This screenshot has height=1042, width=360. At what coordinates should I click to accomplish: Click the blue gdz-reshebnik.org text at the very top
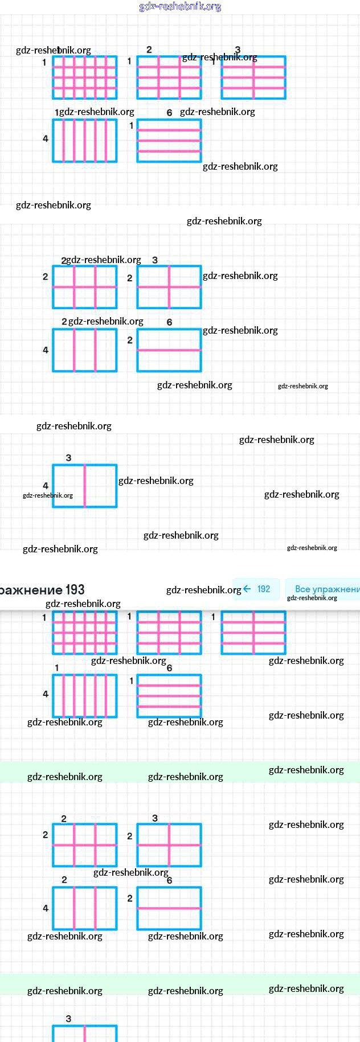coord(180,6)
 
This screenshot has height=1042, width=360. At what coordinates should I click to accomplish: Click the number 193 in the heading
coord(75,590)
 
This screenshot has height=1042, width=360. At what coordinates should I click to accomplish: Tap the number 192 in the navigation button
coord(264,589)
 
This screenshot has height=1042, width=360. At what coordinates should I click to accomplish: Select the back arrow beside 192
coord(247,589)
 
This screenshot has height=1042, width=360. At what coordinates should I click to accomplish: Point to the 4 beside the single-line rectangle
coord(46,486)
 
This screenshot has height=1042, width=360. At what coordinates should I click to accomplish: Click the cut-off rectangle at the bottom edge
coord(85,1033)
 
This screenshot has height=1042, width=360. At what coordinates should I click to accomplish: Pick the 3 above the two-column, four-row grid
coord(238,50)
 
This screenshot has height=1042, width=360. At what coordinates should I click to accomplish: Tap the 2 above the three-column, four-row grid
coord(149,50)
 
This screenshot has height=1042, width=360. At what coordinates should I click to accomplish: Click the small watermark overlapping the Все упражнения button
coord(312,598)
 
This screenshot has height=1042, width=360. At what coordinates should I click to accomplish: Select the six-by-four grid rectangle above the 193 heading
coord(85,77)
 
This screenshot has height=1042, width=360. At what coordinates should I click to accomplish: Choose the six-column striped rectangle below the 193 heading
coord(85,696)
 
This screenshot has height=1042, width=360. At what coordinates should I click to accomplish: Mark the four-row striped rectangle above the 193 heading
coord(169,141)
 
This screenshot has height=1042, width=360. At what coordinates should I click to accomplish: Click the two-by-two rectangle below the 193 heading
coord(169,845)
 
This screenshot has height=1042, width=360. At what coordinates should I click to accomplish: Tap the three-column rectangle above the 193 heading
coord(85,350)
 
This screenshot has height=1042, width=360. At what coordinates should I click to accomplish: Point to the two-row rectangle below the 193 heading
coord(169,908)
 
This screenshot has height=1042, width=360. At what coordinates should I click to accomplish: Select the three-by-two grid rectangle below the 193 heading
coord(85,845)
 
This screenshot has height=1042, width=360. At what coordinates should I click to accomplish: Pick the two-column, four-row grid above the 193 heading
coord(253,77)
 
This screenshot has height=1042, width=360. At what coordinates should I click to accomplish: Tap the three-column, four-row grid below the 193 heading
coord(169,633)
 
